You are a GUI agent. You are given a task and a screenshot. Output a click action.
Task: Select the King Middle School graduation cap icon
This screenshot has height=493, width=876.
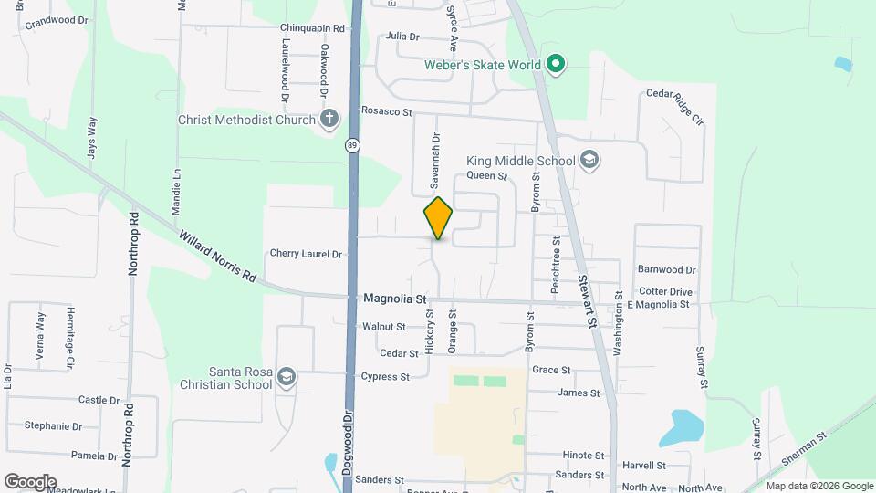click(x=589, y=161)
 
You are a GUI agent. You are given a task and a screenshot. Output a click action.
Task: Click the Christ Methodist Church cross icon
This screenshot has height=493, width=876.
click(x=329, y=120)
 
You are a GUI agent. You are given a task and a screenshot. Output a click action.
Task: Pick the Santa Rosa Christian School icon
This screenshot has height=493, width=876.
click(x=287, y=378)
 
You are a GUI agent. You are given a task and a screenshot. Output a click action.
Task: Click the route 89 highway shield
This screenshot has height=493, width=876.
click(x=352, y=146)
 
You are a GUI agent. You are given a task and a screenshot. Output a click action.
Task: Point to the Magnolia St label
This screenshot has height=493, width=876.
click(x=395, y=299)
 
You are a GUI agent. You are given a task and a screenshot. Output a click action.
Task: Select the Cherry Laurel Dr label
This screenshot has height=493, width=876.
click(x=306, y=254)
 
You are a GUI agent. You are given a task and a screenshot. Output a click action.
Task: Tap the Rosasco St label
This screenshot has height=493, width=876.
click(x=387, y=111)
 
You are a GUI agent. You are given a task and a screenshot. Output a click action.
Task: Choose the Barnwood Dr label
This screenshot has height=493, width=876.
click(x=666, y=270)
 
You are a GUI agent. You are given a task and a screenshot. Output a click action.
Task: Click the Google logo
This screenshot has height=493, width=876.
click(x=29, y=481)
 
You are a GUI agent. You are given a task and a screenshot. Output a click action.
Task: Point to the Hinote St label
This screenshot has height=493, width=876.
click(x=583, y=455)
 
